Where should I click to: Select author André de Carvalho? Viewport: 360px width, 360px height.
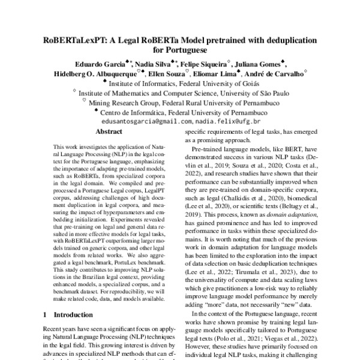coord(275,74)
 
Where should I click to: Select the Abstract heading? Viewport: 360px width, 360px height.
coord(109,131)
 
